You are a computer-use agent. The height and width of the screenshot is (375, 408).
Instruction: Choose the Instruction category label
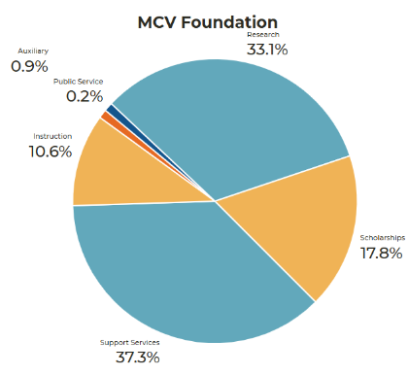(52, 135)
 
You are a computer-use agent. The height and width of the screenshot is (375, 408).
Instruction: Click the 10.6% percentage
(51, 152)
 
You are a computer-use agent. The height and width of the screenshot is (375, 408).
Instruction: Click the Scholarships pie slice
(301, 223)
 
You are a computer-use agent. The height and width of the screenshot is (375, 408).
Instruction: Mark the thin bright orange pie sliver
(107, 117)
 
